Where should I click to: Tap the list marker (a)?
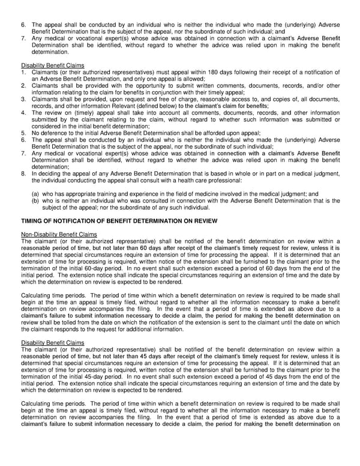pyautogui.click(x=36, y=195)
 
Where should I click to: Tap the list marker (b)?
pyautogui.click(x=36, y=201)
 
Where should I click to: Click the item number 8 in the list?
pyautogui.click(x=23, y=173)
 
